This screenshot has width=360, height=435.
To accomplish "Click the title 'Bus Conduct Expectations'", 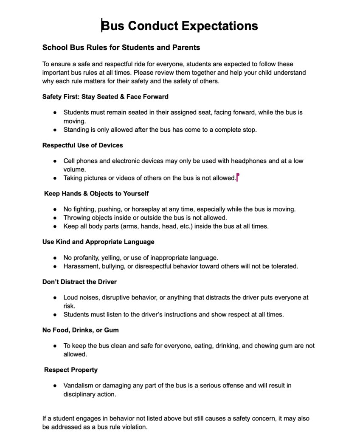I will [x=180, y=26].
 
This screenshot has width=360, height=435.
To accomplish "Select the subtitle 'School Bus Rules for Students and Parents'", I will [x=121, y=47].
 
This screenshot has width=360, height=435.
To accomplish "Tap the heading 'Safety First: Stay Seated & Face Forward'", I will [x=105, y=97].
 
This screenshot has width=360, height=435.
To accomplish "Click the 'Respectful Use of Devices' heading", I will [x=82, y=145].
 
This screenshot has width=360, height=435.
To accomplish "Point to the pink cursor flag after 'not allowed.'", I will [x=238, y=177].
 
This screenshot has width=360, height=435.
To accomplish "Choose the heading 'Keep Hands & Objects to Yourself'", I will [x=96, y=194].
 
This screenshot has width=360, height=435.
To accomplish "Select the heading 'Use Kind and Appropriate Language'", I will [x=98, y=242].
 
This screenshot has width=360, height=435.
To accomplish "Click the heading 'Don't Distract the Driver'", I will [x=79, y=282].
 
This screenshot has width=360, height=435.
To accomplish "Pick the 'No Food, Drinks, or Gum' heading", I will [x=80, y=330].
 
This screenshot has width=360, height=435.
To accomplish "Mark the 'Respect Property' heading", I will [x=70, y=370].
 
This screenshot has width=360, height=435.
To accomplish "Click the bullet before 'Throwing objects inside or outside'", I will [x=55, y=218].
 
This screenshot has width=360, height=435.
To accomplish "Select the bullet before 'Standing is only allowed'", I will [x=55, y=130].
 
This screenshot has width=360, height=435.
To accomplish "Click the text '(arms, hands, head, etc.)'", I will [x=155, y=226].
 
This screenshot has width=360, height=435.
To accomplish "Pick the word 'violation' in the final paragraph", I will [x=134, y=427].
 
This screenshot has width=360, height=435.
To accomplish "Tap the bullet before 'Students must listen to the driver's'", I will [x=55, y=315].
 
